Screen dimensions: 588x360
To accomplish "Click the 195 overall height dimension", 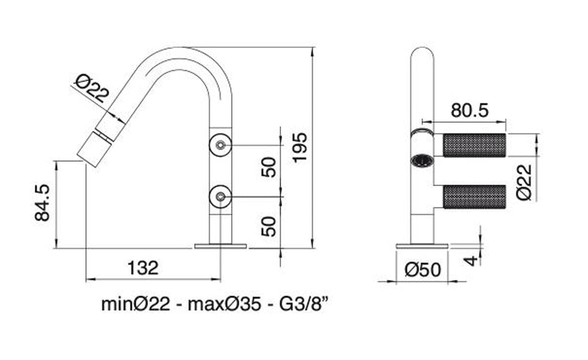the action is coord(299,148).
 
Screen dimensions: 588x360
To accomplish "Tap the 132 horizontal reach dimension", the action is coord(143,268).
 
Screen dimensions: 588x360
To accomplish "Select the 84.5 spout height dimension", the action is coord(42,202).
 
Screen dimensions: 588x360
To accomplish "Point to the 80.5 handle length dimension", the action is coord(470,110).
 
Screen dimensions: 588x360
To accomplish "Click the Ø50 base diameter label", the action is coord(423,270).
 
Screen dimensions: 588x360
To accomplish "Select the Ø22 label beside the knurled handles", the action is coord(524,182).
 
